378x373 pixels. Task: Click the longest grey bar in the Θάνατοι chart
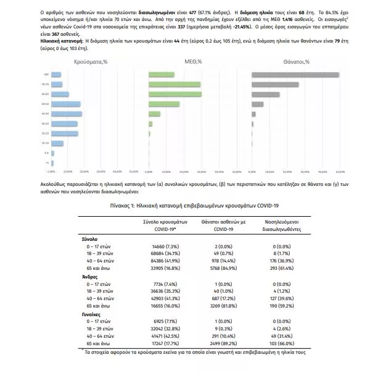click(295, 75)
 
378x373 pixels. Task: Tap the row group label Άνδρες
click(90, 277)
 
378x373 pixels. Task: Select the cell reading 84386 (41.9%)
click(160, 261)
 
